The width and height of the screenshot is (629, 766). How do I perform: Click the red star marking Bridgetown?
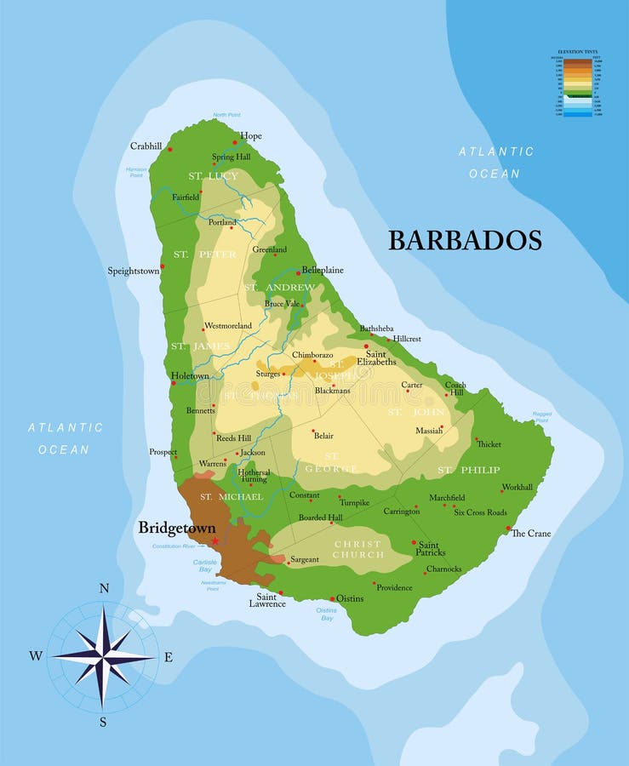pos(215,541)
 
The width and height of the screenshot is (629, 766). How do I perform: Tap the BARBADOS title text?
pos(465,241)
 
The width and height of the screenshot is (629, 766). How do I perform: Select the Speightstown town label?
pos(133,272)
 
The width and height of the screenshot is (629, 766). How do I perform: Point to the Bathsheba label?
pos(376,328)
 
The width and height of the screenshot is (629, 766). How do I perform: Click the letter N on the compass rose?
pos(104,588)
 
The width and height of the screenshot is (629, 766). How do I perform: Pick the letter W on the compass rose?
pos(36,655)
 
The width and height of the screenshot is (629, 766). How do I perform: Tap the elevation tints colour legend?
pos(578,86)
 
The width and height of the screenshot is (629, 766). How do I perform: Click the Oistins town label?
pos(350,598)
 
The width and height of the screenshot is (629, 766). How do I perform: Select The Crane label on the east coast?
pos(531,534)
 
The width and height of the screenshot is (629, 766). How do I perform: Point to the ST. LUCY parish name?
pos(214,176)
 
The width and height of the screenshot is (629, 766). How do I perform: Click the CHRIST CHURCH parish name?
pos(358,550)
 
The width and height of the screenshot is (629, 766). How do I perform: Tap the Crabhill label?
pos(146,146)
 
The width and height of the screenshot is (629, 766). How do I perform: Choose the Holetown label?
pos(190,375)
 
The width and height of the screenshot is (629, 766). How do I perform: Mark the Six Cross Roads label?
pos(480,512)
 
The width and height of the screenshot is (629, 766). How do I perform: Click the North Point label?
pos(226,115)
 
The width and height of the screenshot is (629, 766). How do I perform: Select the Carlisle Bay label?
pos(205,565)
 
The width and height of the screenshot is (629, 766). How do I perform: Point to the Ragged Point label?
pos(541,417)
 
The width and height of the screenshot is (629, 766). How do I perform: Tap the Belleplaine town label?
pos(323,270)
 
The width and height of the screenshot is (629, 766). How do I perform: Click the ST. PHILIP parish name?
pos(469,470)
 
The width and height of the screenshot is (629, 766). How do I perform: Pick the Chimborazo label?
pos(312,354)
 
